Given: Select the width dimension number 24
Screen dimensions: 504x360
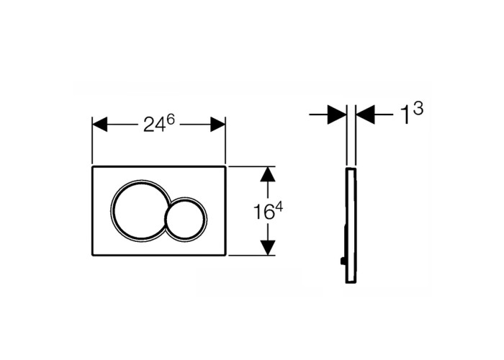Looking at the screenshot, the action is pyautogui.click(x=154, y=125).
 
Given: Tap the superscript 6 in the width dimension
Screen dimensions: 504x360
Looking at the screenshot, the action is pyautogui.click(x=171, y=120).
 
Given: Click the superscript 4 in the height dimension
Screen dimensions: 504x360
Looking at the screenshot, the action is pyautogui.click(x=279, y=207).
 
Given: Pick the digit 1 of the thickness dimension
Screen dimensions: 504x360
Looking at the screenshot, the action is pyautogui.click(x=406, y=115).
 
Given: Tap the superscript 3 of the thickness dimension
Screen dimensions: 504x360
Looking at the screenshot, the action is pyautogui.click(x=418, y=109).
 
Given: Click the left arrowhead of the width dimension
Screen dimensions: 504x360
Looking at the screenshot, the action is pyautogui.click(x=99, y=124).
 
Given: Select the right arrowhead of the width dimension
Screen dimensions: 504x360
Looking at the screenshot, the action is pyautogui.click(x=217, y=124).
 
